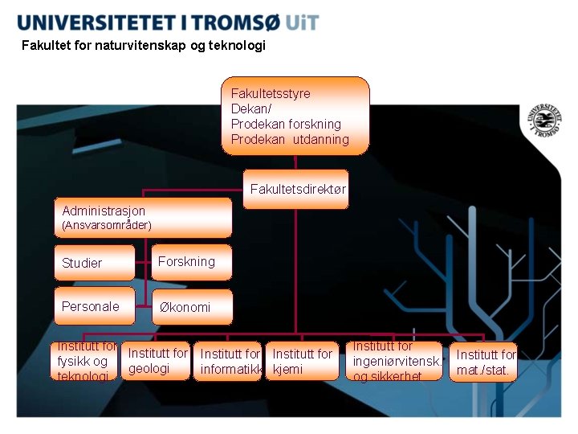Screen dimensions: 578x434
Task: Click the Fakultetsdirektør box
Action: coord(296,190)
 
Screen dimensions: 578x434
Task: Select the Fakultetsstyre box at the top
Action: coord(295,116)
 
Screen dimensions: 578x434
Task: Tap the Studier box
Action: coord(95,263)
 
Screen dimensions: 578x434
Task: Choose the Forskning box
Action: coord(192,262)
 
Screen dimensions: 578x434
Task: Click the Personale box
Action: coord(95,306)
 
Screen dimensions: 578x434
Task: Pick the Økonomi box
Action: coord(192,307)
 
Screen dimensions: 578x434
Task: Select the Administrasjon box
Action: coord(143,218)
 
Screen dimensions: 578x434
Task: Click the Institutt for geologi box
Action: coord(157,361)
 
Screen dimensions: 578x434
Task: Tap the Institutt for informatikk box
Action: coord(230,362)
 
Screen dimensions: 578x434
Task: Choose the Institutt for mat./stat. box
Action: coord(483,362)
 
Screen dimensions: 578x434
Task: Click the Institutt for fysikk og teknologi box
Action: coord(86,362)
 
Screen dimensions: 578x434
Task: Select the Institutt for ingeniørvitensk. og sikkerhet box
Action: coord(397,361)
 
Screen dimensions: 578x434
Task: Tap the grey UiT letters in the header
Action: coord(301,22)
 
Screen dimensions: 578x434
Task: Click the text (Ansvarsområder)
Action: coord(106,226)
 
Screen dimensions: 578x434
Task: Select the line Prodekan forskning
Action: coord(286,124)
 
